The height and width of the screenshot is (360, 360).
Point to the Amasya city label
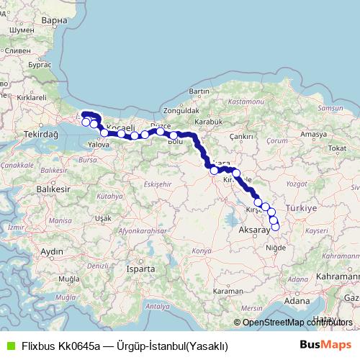point(314,134)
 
